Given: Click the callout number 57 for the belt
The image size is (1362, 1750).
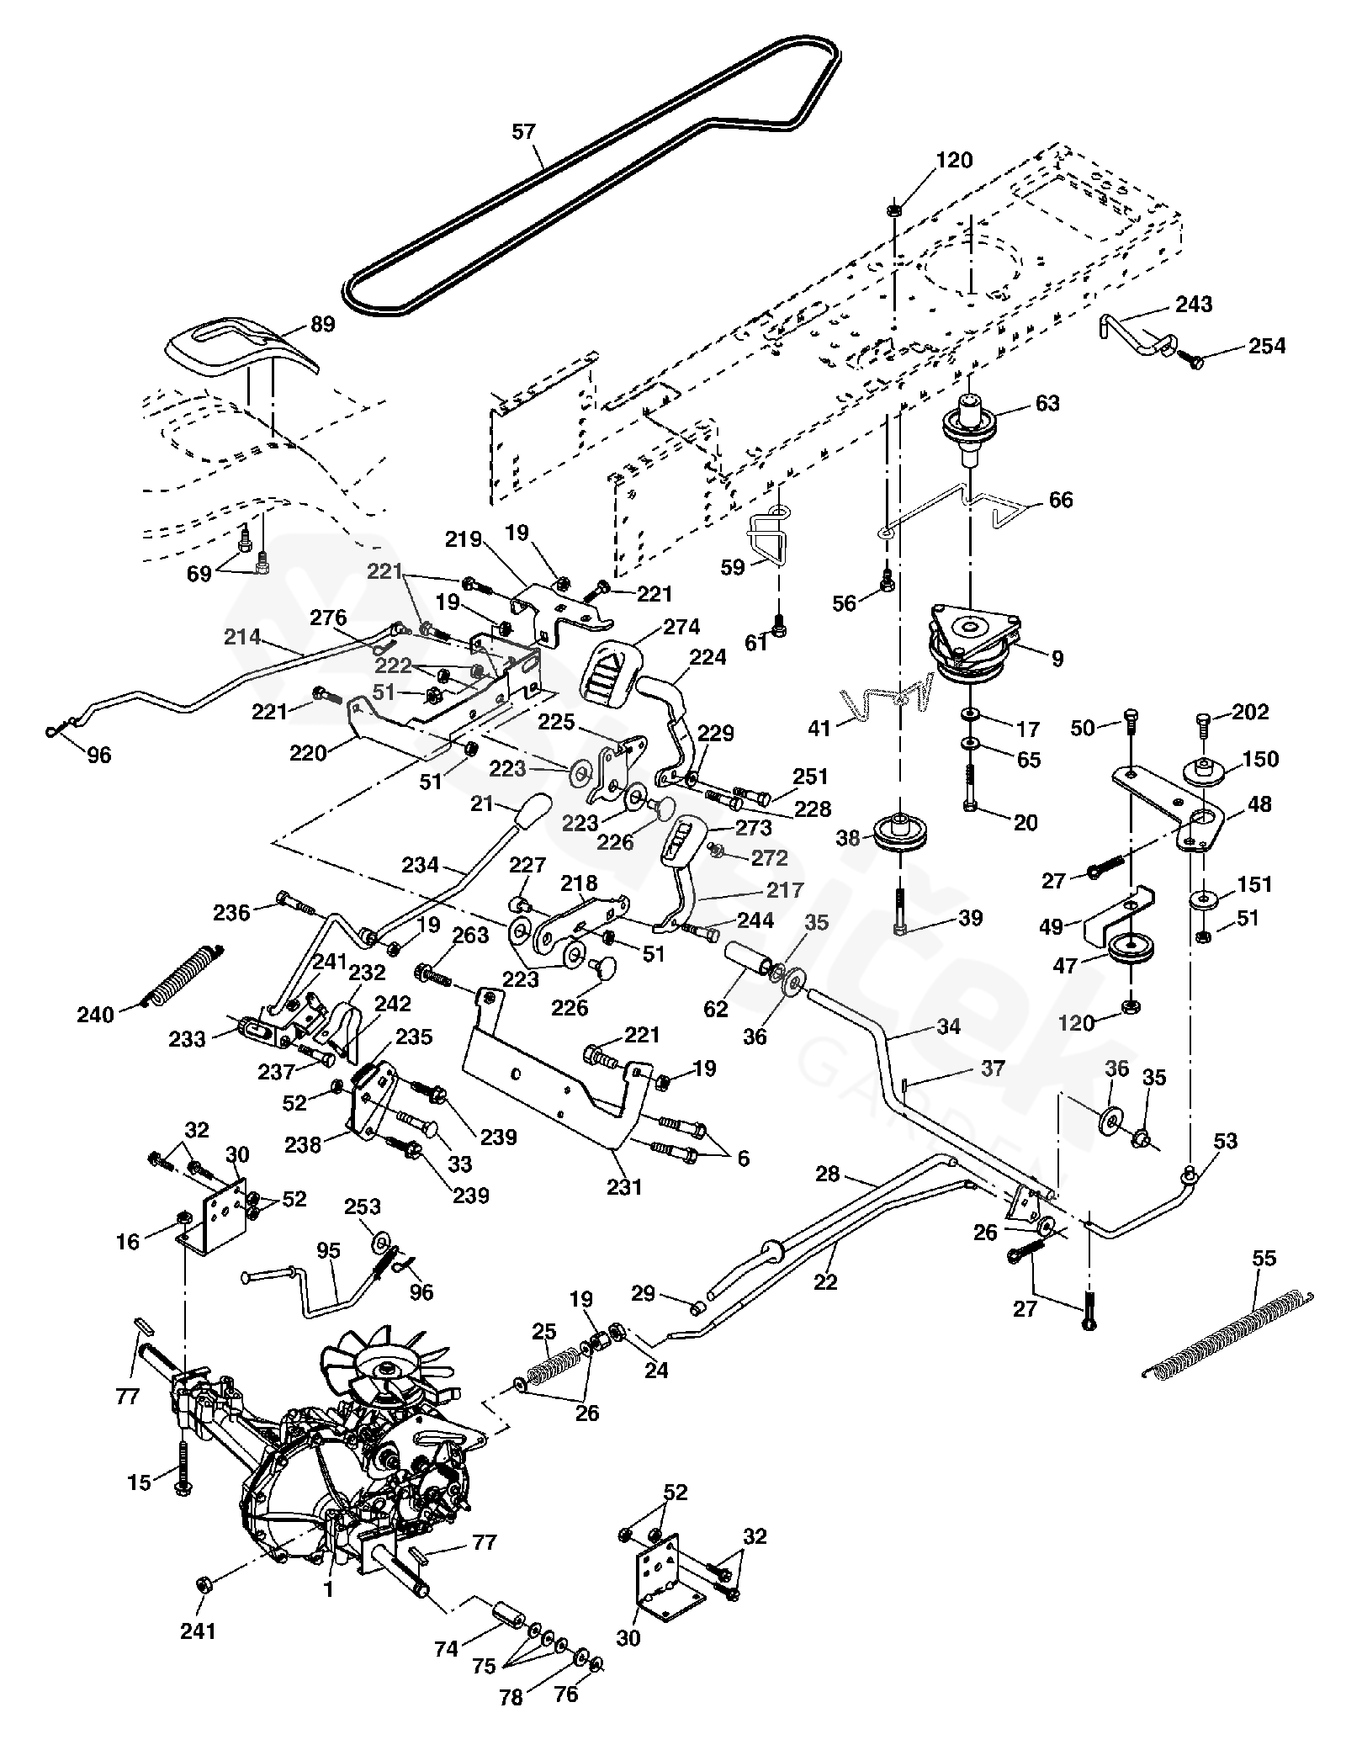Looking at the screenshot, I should tap(523, 132).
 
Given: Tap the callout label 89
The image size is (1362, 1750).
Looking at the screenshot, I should tap(323, 324).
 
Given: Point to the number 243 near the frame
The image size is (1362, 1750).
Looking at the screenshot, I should tap(1195, 304).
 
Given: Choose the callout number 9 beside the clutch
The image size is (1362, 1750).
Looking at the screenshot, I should tap(1057, 659).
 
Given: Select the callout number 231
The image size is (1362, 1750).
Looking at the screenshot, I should tap(624, 1187).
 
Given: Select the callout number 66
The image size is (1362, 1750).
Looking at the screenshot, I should tap(1062, 500).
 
